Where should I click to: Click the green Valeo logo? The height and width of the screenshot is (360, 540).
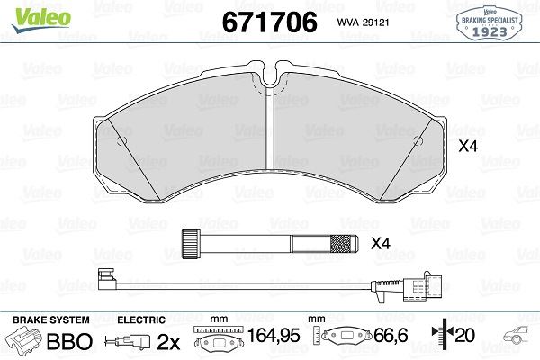coord(41,19)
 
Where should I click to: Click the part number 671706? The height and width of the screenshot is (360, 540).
coord(270,22)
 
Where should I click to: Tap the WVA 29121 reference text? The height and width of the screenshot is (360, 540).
coord(363,22)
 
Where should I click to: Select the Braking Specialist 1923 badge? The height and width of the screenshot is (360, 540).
coord(490,23)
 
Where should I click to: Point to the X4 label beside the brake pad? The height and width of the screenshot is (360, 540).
coord(468,147)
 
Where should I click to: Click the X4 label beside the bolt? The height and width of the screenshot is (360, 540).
coord(381,244)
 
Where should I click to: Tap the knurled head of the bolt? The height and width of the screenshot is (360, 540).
coord(190,244)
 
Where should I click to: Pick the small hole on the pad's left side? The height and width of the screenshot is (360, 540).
coord(121,140)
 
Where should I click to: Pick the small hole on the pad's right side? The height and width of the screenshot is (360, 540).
coord(418,140)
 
